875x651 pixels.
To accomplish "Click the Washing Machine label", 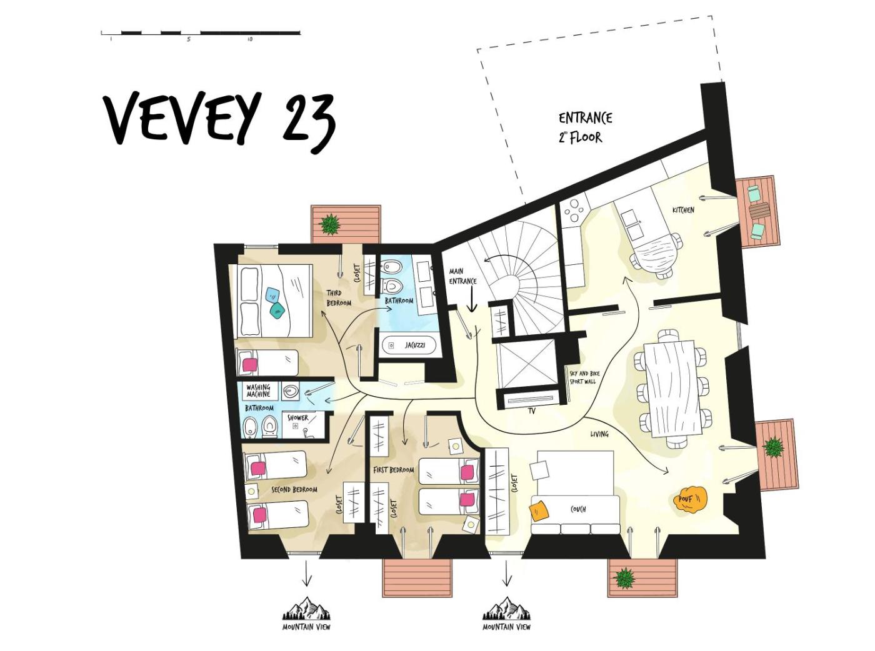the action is pyautogui.click(x=258, y=390).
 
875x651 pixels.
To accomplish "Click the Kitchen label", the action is pyautogui.click(x=683, y=210).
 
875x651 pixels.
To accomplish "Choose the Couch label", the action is pyautogui.click(x=578, y=509).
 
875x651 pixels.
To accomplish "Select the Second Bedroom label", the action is pyautogui.click(x=294, y=490).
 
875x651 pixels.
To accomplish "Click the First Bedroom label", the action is pyautogui.click(x=393, y=470).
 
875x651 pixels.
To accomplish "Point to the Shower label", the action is pyautogui.click(x=297, y=417).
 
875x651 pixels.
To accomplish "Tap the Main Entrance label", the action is pyautogui.click(x=462, y=276).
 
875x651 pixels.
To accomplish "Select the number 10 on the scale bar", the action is pyautogui.click(x=250, y=39).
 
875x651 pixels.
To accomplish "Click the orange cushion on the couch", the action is pyautogui.click(x=539, y=512).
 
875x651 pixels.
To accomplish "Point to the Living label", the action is pyautogui.click(x=599, y=434).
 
